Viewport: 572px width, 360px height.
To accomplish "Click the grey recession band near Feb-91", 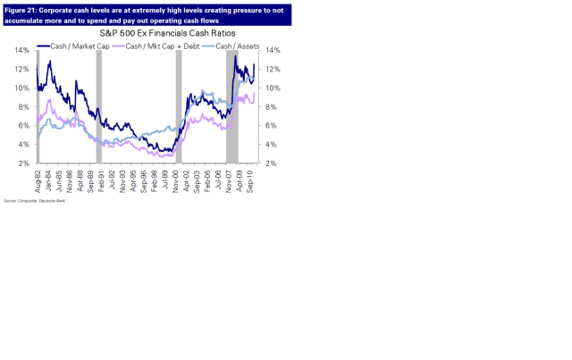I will click(x=100, y=107).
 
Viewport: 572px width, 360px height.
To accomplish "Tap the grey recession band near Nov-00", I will click(x=179, y=107).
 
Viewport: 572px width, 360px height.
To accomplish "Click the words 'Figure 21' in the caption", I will click(x=21, y=9).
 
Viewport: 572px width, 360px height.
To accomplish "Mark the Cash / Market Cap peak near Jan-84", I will click(x=50, y=61).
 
